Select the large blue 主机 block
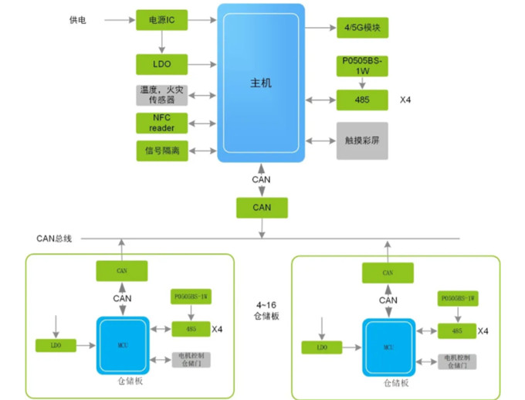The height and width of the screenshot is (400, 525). coord(260,83)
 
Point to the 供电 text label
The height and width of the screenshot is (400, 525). coord(77,20)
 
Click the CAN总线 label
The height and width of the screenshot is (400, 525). coord(54,238)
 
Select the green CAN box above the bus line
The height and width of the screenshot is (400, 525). coord(262,207)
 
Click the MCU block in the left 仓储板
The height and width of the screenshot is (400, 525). coord(121,344)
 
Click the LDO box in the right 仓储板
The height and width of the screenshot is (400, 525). coord(321,348)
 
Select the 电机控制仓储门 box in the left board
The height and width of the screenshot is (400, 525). coord(190,359)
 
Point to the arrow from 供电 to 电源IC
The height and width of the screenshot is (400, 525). coord(116,20)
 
